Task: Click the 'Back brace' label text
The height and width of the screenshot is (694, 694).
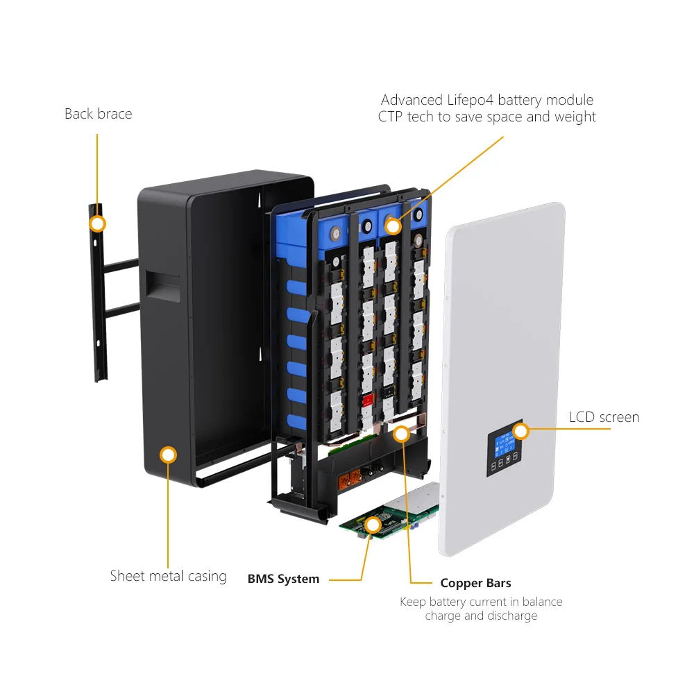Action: pyautogui.click(x=98, y=114)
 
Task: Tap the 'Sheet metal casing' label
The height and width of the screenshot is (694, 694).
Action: pyautogui.click(x=168, y=576)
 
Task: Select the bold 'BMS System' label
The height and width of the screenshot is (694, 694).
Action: pyautogui.click(x=283, y=579)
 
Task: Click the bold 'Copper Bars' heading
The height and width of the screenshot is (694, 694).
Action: pyautogui.click(x=475, y=583)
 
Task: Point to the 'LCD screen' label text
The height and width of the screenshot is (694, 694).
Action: pyautogui.click(x=604, y=417)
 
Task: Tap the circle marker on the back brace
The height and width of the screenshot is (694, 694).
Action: pyautogui.click(x=98, y=223)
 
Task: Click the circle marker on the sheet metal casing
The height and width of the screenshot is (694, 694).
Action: pyautogui.click(x=168, y=455)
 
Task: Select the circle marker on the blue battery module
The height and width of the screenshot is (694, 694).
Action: pyautogui.click(x=393, y=226)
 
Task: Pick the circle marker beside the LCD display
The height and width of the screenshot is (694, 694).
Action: pyautogui.click(x=520, y=431)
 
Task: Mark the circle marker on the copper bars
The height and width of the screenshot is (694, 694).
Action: pyautogui.click(x=400, y=434)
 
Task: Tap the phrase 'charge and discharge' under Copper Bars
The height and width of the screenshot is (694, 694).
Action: pyautogui.click(x=480, y=616)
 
